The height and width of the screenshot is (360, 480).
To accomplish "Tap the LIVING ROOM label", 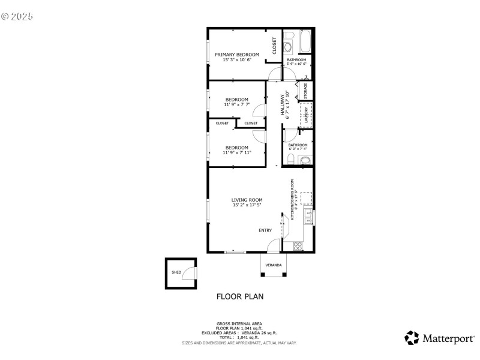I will pos(247,200).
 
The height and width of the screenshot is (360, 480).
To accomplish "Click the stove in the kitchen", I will pos(297,245).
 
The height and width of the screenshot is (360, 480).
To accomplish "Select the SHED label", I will pos(176,272).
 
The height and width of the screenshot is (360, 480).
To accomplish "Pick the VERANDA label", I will pos(274,265).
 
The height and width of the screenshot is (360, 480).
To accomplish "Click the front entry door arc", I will pos(274,245).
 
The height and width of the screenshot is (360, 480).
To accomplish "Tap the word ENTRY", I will pos(265,230).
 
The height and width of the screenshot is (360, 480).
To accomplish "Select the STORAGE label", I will pos(305,91).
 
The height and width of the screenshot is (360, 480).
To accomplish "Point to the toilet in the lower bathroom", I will pos(290,160).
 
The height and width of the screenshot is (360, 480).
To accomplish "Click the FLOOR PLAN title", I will pos(239,296).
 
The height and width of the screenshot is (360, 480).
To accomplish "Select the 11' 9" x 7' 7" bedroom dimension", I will pos(236,105).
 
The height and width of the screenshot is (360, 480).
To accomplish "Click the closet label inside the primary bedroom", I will pos(274,46).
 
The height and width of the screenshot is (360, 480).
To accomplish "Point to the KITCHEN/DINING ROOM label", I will pos(293,200).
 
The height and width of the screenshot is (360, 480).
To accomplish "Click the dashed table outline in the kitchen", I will pos(306,198).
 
